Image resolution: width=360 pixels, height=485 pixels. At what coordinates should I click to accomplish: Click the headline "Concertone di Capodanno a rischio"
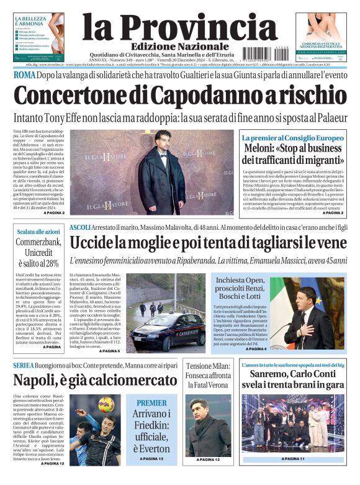(179, 96)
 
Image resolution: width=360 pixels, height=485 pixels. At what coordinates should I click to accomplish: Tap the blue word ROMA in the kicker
(25, 75)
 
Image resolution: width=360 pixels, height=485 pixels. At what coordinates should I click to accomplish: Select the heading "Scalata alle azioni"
(35, 232)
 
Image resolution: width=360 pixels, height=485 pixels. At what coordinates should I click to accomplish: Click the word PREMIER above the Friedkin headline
(151, 403)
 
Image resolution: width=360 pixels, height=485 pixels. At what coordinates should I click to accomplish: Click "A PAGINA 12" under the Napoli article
(53, 463)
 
